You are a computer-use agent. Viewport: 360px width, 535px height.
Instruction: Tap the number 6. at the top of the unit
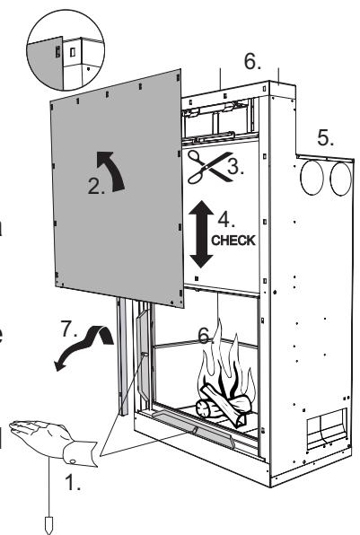(x=254, y=61)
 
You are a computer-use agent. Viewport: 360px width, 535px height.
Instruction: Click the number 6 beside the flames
(x=204, y=336)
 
